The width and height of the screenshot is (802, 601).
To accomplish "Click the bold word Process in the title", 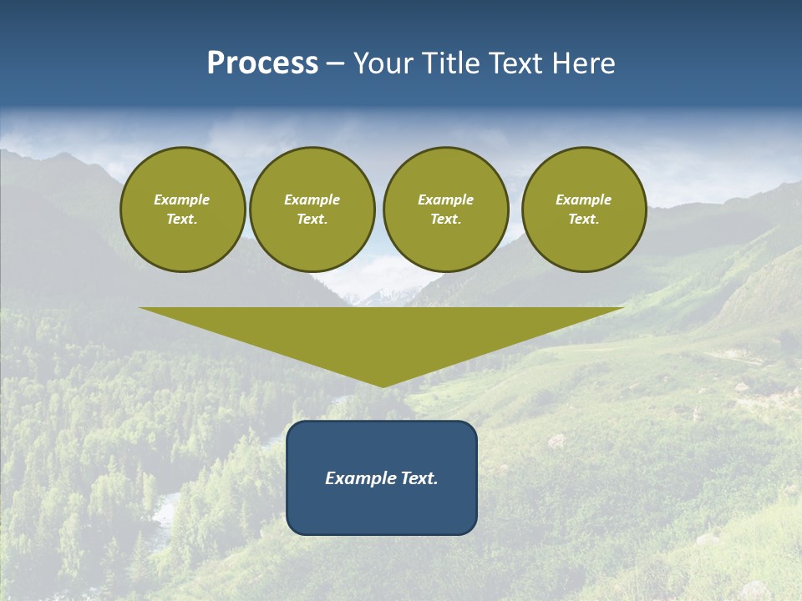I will pyautogui.click(x=262, y=63).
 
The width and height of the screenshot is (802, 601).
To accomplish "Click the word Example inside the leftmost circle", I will pyautogui.click(x=182, y=199).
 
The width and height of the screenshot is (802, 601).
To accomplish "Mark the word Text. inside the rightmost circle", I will pyautogui.click(x=583, y=220).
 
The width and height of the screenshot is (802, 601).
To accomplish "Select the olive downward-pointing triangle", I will pyautogui.click(x=382, y=334).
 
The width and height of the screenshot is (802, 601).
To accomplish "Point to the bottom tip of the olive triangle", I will pyautogui.click(x=383, y=385).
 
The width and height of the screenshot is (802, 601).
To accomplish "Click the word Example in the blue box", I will pyautogui.click(x=361, y=478).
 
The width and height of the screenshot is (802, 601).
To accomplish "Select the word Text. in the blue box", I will pyautogui.click(x=419, y=478).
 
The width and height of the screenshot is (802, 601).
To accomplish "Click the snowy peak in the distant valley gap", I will pyautogui.click(x=380, y=295).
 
